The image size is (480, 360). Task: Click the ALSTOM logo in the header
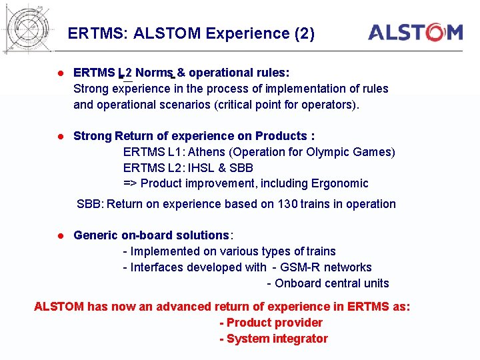click(415, 32)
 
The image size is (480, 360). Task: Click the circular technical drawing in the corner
click(29, 27)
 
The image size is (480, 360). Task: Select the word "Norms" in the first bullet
click(155, 73)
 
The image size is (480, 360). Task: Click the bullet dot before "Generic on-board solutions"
click(59, 235)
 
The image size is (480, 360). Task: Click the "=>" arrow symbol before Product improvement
click(131, 183)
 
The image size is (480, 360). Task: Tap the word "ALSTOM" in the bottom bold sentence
click(59, 307)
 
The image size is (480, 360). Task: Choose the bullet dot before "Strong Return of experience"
click(59, 136)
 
